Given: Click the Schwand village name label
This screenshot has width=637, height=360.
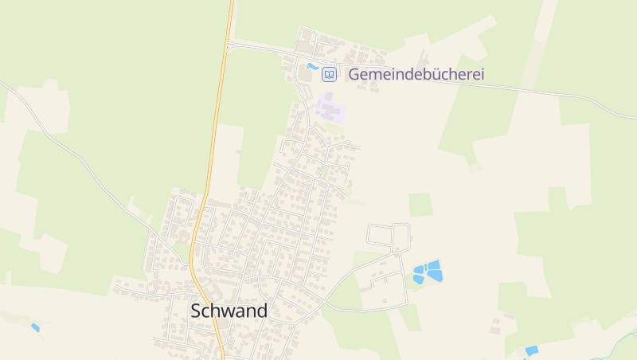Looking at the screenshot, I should pyautogui.click(x=229, y=311).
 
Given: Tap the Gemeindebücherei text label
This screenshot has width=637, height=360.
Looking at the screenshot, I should pyautogui.click(x=416, y=75).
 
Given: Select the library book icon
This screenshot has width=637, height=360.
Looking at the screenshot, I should pyautogui.click(x=329, y=75).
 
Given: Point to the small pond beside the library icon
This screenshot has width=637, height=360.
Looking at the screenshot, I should pyautogui.click(x=312, y=67).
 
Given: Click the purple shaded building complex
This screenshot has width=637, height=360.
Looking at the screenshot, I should pyautogui.click(x=330, y=108).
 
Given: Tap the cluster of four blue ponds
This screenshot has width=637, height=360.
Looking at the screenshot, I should pyautogui.click(x=428, y=272).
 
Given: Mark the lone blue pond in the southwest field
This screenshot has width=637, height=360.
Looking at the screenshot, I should pyautogui.click(x=35, y=327).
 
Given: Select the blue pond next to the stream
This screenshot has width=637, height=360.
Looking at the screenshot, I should pyautogui.click(x=531, y=350).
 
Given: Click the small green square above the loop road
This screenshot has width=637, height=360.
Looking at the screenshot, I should pyautogui.click(x=420, y=205).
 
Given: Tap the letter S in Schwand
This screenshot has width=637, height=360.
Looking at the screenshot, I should pyautogui.click(x=197, y=311).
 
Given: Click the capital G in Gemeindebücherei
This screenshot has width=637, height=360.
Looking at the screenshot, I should pyautogui.click(x=354, y=75).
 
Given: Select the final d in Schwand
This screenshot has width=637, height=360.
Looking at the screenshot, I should pyautogui.click(x=260, y=311).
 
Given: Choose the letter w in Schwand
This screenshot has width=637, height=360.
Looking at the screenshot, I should pyautogui.click(x=225, y=311).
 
